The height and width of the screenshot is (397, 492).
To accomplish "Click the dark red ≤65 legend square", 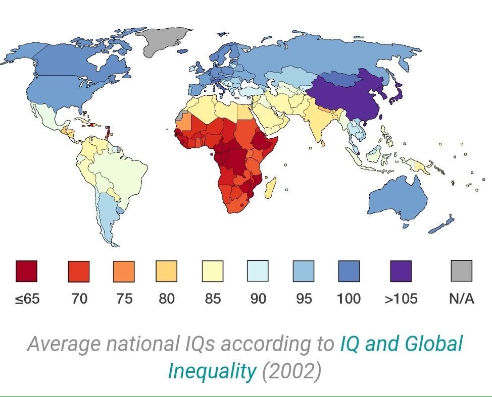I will point(26,271).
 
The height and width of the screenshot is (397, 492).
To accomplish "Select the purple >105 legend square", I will point(401,271).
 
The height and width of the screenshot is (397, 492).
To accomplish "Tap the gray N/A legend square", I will point(461,271).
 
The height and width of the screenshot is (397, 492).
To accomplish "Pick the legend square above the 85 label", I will point(212,271).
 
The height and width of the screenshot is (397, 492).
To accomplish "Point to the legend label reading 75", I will point(124,299).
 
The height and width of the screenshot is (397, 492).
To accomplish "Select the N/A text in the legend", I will point(461,299).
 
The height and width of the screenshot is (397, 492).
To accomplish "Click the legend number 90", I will point(258,299).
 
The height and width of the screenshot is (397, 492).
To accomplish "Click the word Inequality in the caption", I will point(212,371).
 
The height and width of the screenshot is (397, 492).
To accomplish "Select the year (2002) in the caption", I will point(291,371).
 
